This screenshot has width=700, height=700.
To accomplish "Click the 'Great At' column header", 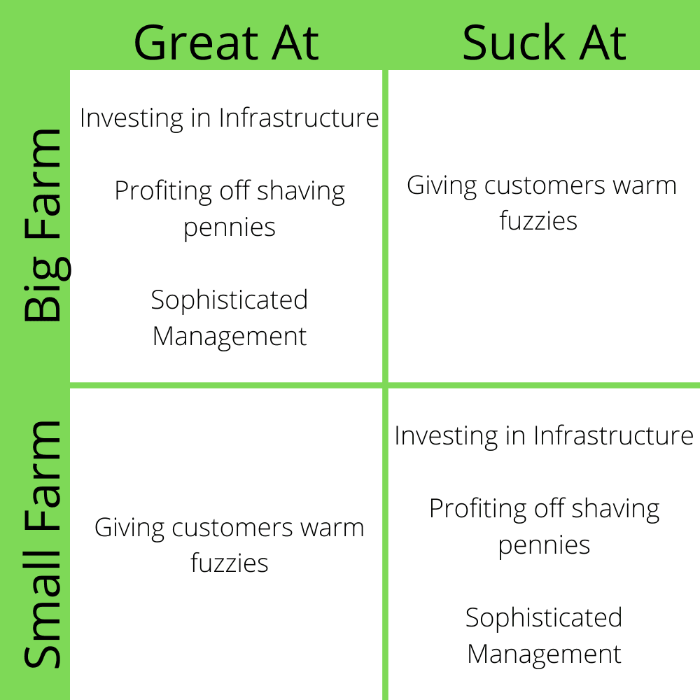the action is coord(226,43).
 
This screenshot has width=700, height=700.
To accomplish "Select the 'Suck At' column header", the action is coord(544,43).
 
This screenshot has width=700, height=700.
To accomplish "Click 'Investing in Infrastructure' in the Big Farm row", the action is coord(230,118).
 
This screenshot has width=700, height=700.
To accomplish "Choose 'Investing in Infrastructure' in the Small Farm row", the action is coord(544,435).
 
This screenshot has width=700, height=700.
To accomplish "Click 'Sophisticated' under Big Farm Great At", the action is coord(230,300).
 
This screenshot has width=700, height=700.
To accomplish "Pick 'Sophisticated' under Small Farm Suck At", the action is coord(544,618).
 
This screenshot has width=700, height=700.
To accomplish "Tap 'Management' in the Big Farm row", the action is coord(230,336).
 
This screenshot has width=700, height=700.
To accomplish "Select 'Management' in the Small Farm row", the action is coord(544,654).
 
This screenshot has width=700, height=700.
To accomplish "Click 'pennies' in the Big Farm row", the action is coord(230,228).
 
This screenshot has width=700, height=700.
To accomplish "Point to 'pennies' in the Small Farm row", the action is coord(544,546).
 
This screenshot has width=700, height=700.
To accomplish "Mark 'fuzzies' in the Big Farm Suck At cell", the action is coord(538,221).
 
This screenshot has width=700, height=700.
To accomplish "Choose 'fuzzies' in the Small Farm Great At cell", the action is coord(230,563).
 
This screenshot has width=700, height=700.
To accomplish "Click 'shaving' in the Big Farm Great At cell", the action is coord(300,192).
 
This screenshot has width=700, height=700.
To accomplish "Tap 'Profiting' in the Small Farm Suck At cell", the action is coord(478,509).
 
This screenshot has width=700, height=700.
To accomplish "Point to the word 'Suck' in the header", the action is coord(514,43).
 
